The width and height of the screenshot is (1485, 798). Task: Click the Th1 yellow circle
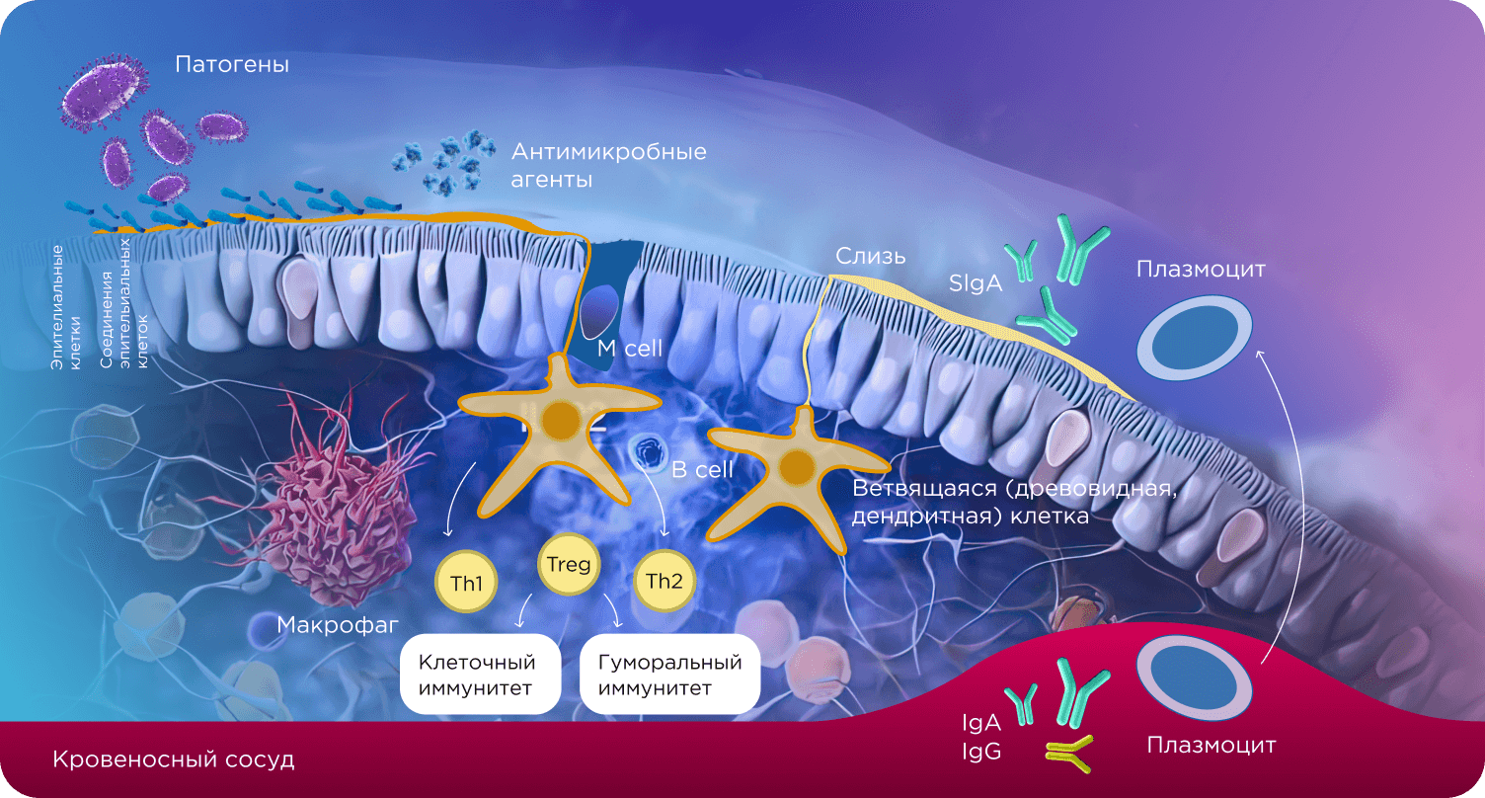pos(466,582)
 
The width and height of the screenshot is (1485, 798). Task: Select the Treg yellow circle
pos(569,563)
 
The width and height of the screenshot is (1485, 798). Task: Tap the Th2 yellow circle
pos(664,581)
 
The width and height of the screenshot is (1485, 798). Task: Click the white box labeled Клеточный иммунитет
pos(481,674)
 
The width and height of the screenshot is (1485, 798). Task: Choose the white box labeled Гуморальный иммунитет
pos(669,674)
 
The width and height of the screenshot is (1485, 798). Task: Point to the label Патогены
pos(232,64)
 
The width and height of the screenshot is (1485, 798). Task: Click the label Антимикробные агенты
pos(608,165)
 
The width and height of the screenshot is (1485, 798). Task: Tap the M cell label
pos(629,349)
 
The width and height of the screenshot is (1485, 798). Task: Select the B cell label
pos(702,470)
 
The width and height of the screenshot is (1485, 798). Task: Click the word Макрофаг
pos(338,624)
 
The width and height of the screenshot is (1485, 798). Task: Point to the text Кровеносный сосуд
pos(174,758)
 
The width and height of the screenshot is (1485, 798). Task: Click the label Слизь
pos(870,256)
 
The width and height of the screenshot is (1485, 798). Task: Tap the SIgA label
pos(976,283)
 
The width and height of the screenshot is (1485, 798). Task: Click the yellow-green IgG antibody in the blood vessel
pos(1069,755)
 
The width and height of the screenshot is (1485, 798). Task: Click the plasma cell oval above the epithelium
pos(1195,339)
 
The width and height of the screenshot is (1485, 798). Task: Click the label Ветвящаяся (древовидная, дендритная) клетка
pos(1014,502)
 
